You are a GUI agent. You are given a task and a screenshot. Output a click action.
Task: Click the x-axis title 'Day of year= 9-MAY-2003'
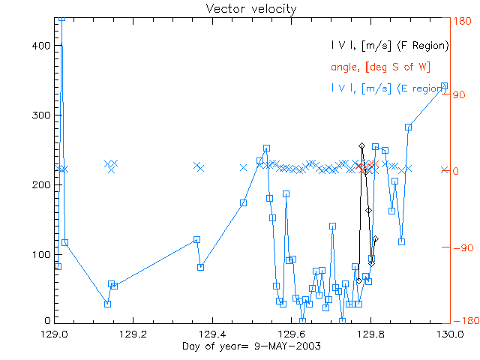(x=250, y=346)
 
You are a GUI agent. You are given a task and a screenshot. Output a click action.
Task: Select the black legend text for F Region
(x=390, y=46)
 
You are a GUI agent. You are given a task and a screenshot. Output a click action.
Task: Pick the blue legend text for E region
(x=390, y=88)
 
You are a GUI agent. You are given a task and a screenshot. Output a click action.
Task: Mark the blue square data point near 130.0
(x=445, y=86)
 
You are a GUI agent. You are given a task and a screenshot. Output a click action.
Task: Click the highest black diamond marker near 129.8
(x=361, y=145)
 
